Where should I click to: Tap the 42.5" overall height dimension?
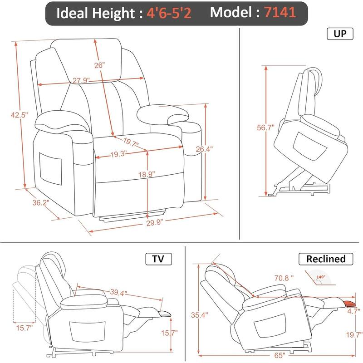[x=20, y=115]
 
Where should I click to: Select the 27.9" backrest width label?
[x=80, y=80]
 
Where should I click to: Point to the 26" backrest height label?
[x=100, y=65]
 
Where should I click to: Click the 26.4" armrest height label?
[x=204, y=148]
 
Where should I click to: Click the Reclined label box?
[x=325, y=259]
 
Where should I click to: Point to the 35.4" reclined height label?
[x=196, y=313]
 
